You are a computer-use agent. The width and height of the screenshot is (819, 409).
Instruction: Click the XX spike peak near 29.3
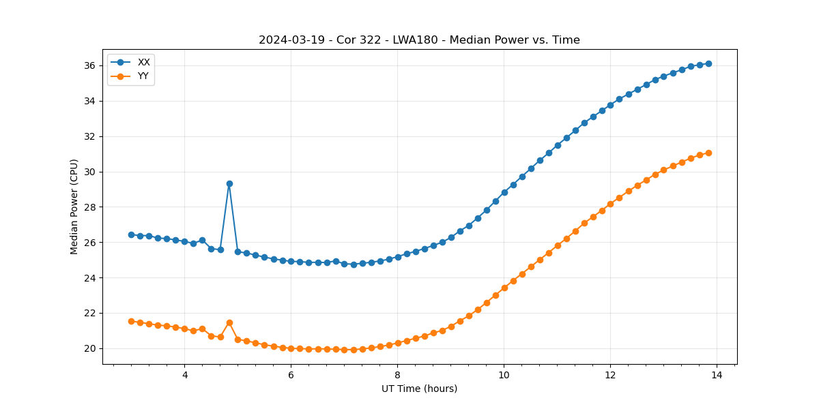click(x=229, y=183)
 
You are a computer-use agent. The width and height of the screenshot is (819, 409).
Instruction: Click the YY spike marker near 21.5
click(x=229, y=322)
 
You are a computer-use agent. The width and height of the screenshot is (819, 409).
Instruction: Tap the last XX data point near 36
click(x=708, y=63)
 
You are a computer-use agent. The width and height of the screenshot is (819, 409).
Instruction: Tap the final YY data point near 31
click(x=708, y=153)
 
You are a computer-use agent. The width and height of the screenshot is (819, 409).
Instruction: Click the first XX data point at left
click(x=131, y=234)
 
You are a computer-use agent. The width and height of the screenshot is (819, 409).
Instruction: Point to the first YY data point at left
click(x=131, y=321)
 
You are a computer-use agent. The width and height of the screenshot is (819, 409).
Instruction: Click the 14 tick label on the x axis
click(x=717, y=375)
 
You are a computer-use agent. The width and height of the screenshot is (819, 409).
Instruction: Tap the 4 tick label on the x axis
click(x=184, y=375)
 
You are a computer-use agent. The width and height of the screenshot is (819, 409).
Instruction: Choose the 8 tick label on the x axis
click(x=397, y=375)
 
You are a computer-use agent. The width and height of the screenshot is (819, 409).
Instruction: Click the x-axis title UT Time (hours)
click(x=419, y=389)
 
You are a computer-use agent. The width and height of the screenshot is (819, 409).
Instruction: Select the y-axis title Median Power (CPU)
click(x=74, y=207)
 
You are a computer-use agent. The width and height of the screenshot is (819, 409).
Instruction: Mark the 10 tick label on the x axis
click(x=504, y=375)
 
